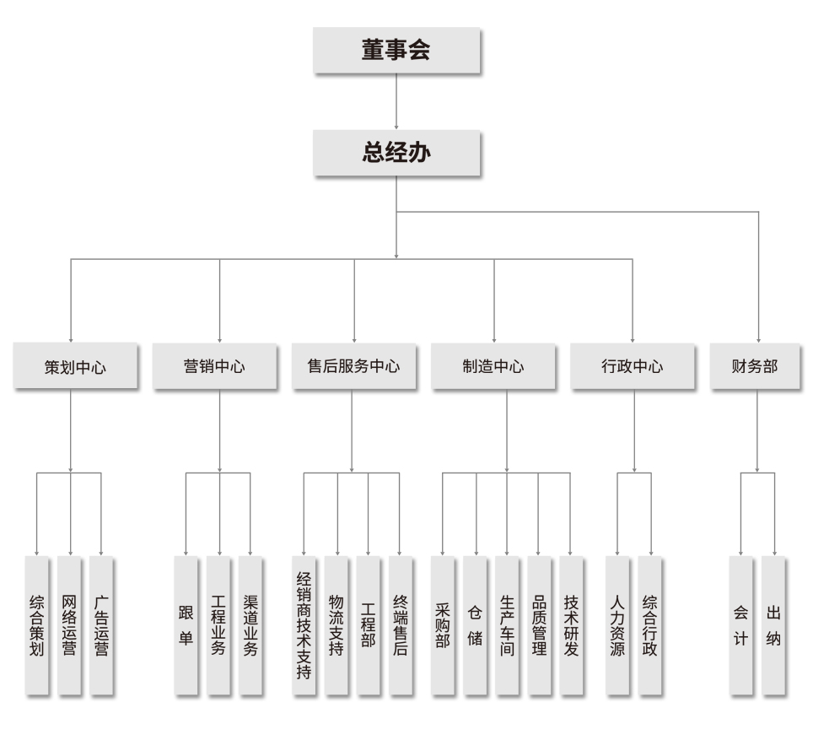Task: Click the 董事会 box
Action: [x=396, y=50]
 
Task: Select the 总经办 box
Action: [x=396, y=153]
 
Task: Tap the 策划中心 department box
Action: [x=75, y=366]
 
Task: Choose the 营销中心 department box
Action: [x=214, y=366]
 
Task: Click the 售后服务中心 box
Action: [x=353, y=366]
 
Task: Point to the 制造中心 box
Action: [x=493, y=366]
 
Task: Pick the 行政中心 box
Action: [x=632, y=366]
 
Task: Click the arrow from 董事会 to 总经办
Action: [x=396, y=100]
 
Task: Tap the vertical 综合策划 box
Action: [x=36, y=625]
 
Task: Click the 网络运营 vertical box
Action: [x=69, y=625]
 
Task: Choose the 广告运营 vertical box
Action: [x=101, y=625]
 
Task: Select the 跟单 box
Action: [x=186, y=625]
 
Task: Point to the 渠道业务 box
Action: [x=250, y=625]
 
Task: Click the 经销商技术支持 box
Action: [x=304, y=625]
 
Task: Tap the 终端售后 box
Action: [x=401, y=625]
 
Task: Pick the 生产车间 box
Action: [x=507, y=625]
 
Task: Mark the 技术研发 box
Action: [x=571, y=625]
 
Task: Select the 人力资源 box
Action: [x=617, y=625]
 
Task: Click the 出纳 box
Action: [x=773, y=625]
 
